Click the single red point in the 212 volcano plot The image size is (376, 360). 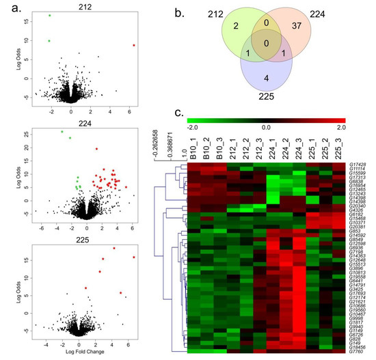(134, 45)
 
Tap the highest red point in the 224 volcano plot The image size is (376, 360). (96, 149)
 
